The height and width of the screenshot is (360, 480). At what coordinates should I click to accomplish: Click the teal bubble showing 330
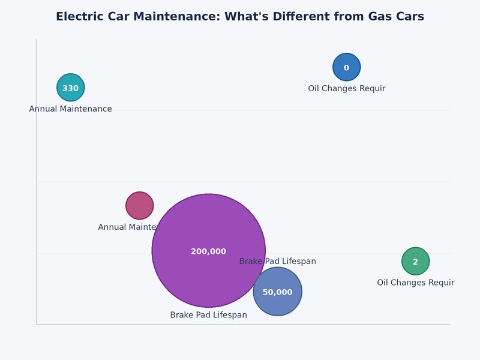coord(71,88)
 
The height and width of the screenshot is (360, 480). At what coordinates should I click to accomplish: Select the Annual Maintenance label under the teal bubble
coord(71,109)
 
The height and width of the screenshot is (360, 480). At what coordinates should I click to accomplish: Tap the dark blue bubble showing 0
coord(346,67)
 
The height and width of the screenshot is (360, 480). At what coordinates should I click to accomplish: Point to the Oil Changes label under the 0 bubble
coord(346,89)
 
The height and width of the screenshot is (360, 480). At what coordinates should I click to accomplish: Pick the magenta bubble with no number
coord(140,206)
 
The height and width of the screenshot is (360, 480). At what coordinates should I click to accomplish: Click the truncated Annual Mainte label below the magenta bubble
coord(127,227)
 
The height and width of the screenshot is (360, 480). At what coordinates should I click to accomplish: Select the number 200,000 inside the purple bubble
coord(208,251)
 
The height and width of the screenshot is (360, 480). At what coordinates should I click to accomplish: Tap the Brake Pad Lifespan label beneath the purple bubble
coord(208,315)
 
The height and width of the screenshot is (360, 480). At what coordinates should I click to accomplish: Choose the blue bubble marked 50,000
coord(277,292)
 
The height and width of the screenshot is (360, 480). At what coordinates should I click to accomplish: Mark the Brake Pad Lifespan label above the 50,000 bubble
coord(277,262)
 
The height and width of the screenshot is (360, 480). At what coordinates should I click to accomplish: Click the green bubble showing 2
coord(415,262)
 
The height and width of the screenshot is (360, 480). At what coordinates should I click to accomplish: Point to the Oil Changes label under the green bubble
coord(415,283)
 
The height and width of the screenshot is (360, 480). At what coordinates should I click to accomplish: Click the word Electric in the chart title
coord(79,17)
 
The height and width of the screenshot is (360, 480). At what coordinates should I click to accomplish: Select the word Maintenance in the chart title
coord(175,17)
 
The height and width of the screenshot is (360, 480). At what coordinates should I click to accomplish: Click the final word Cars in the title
coord(411,17)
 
